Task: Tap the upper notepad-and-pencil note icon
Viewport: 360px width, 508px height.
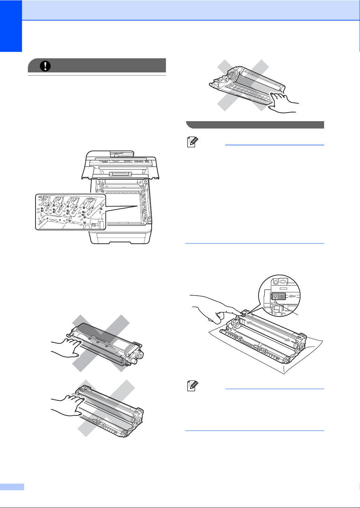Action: coord(192,142)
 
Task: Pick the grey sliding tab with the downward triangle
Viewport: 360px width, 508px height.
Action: coord(278,297)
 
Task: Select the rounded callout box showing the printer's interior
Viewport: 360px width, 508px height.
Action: coord(70,212)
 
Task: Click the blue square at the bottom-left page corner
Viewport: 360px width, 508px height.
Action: coord(12,486)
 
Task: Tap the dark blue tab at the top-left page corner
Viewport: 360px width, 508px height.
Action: coord(11,26)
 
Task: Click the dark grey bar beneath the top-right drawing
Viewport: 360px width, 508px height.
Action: coord(255,125)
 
